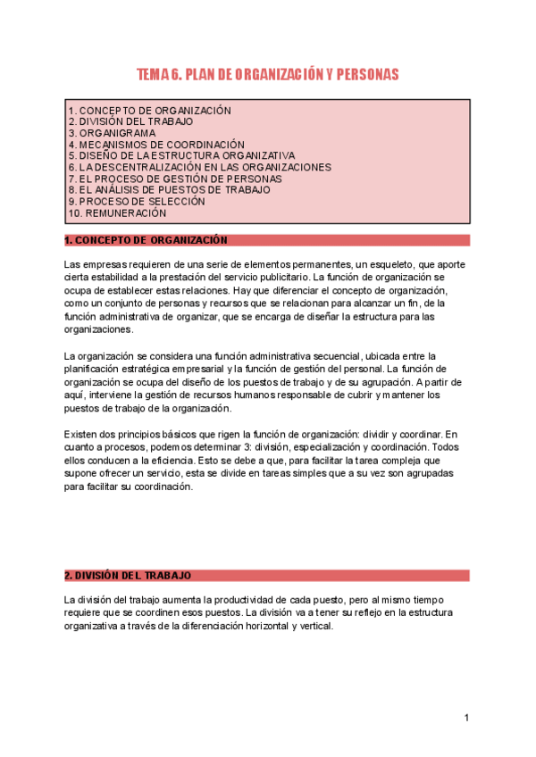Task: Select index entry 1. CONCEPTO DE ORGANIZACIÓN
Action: (149, 111)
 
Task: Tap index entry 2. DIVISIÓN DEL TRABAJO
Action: (130, 121)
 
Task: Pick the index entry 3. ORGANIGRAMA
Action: (112, 133)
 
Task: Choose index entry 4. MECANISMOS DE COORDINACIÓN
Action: (156, 144)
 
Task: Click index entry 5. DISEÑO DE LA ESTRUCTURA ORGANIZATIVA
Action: (181, 155)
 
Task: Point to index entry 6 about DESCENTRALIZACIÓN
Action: (199, 167)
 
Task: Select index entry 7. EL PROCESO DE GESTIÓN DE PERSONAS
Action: (175, 179)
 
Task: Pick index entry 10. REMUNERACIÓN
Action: (117, 213)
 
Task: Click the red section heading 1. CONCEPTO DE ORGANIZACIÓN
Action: (147, 240)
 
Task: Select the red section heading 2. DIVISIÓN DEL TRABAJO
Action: (128, 576)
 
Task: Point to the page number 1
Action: (466, 718)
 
